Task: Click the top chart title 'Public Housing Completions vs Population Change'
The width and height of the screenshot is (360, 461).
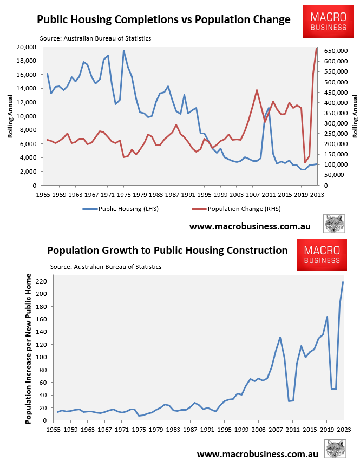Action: [163, 20]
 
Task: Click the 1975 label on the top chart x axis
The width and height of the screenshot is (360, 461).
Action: [124, 194]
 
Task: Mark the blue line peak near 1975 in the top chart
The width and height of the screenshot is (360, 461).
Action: [123, 51]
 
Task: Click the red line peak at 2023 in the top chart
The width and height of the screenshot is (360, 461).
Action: [317, 49]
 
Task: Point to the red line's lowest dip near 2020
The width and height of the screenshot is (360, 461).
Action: [305, 162]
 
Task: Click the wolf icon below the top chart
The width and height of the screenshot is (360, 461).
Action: [335, 223]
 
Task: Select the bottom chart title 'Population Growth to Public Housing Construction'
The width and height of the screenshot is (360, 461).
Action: [167, 250]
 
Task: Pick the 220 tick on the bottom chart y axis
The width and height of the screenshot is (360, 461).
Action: [41, 281]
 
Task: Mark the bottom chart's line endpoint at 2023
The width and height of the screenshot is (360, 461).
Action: [343, 282]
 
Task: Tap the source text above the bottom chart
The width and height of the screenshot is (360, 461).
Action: [106, 267]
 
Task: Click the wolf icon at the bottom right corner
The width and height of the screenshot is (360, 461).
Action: [335, 449]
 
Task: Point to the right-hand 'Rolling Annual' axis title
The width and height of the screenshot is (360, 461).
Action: [355, 116]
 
